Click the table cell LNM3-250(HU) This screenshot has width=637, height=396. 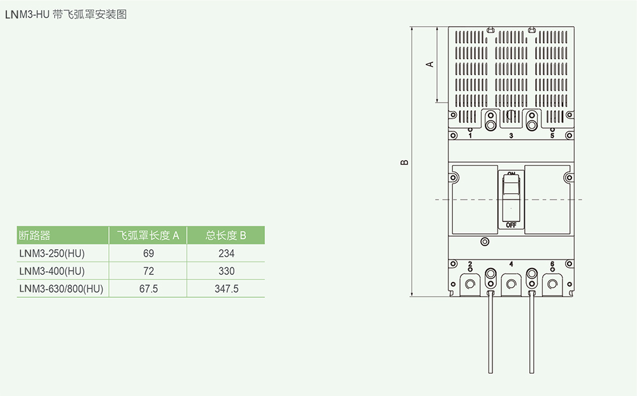click(52, 253)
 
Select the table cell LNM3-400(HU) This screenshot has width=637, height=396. click(52, 271)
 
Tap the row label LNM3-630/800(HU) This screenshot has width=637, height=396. click(62, 289)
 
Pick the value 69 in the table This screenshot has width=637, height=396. click(148, 253)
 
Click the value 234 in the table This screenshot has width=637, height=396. click(226, 253)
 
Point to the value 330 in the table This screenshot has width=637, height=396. click(226, 271)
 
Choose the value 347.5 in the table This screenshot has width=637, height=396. click(226, 289)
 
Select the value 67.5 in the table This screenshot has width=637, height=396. click(148, 289)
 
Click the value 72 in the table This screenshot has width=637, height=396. click(148, 271)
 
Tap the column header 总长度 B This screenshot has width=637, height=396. click(226, 235)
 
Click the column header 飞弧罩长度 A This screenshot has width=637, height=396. click(148, 235)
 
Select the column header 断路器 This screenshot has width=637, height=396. click(35, 235)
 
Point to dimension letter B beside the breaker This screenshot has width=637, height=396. click(404, 163)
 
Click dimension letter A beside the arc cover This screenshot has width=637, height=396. click(430, 64)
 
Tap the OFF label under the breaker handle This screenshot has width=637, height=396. click(511, 225)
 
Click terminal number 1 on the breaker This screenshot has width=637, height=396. click(470, 136)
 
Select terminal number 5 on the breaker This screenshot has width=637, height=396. click(552, 136)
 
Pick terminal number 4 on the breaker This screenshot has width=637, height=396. click(511, 263)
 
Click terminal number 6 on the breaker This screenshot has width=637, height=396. click(552, 263)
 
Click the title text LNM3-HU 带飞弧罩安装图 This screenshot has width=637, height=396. click(66, 14)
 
